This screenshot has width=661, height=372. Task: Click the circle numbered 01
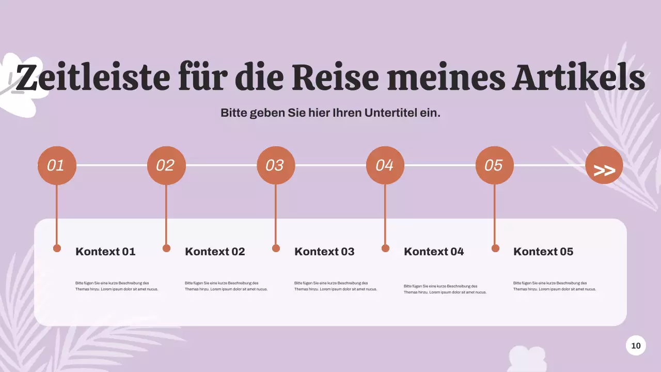click(x=57, y=165)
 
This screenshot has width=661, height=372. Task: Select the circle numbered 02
click(x=166, y=165)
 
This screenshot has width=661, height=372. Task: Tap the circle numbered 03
click(x=276, y=165)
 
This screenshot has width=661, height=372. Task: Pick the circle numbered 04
click(x=385, y=165)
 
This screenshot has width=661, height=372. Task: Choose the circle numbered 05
click(x=495, y=165)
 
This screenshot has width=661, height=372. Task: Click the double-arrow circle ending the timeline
click(x=604, y=165)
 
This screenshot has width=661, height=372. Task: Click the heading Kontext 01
click(x=105, y=252)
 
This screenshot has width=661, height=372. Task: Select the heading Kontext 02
click(x=215, y=252)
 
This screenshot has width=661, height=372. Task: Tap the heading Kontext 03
click(x=324, y=252)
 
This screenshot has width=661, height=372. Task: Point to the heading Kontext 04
click(x=434, y=252)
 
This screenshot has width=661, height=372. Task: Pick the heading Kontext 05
click(x=543, y=252)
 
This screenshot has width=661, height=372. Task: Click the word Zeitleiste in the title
click(x=93, y=78)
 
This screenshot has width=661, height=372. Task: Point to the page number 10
click(x=636, y=346)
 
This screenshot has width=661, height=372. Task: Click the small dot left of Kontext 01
click(x=57, y=249)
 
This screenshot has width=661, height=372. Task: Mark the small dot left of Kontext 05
click(x=495, y=249)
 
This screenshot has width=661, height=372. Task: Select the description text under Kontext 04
click(x=445, y=289)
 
